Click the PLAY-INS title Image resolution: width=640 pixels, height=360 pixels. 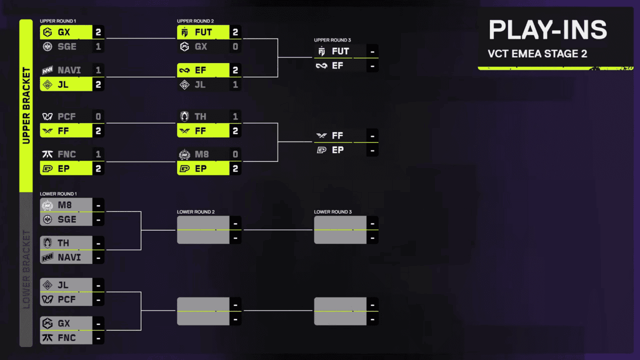(x=547, y=29)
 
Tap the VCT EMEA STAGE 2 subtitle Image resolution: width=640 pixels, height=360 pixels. (x=537, y=53)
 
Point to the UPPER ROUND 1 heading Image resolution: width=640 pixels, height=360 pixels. (x=58, y=21)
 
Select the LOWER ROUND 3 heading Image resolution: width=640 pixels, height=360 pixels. (x=333, y=212)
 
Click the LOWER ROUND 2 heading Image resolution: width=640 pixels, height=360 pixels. (x=195, y=212)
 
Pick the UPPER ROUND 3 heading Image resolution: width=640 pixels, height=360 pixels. (x=332, y=40)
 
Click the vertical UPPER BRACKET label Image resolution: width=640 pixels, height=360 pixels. (x=26, y=105)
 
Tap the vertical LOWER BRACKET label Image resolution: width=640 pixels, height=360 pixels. (x=26, y=269)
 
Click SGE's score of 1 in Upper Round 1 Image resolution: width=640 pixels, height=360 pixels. (x=98, y=46)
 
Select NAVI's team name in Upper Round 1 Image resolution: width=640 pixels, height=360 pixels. (x=69, y=70)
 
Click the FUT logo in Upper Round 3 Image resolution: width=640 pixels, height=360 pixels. (x=321, y=51)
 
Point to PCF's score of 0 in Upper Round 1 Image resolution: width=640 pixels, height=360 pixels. (x=98, y=116)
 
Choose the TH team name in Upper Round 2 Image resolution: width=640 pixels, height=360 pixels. (x=200, y=116)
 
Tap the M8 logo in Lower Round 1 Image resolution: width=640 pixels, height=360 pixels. (x=47, y=205)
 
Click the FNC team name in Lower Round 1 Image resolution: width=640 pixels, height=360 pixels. (x=67, y=338)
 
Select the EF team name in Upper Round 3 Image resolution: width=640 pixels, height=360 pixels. (x=337, y=65)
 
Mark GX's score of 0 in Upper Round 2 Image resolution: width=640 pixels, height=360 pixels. (x=235, y=46)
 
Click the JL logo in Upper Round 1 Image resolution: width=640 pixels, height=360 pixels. (x=47, y=84)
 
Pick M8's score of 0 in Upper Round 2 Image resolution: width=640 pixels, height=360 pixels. (x=235, y=154)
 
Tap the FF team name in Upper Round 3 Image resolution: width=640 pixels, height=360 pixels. (x=337, y=135)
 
